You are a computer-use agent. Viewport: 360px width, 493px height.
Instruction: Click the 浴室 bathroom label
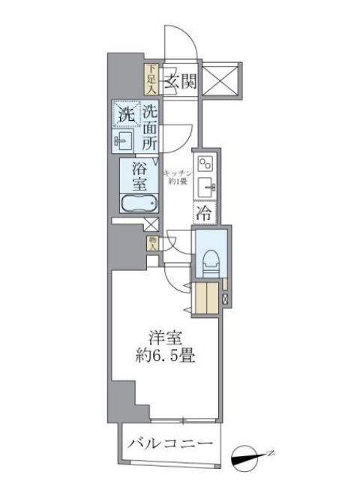[139, 176]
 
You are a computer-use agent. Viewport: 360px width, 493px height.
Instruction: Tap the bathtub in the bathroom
[139, 203]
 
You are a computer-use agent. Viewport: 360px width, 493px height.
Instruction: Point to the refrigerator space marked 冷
[204, 213]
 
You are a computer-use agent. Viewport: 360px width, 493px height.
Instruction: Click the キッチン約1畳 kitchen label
[181, 178]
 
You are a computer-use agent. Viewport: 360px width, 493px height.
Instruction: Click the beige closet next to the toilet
[205, 296]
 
